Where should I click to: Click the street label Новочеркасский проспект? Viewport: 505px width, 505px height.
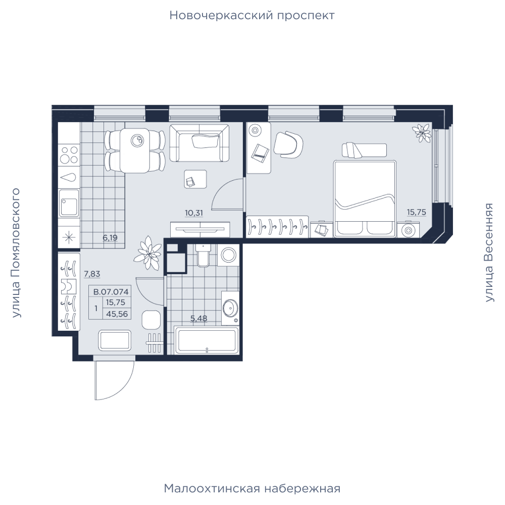pos(252,16)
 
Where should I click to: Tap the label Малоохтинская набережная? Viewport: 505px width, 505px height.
pos(252,488)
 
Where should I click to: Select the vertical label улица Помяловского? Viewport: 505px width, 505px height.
pos(16,253)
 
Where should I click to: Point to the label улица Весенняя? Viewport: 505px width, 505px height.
pos(489,252)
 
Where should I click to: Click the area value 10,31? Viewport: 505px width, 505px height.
pos(194,213)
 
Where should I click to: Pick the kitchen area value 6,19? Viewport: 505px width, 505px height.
pos(110,238)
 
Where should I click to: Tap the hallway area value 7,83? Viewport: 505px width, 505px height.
pos(92,274)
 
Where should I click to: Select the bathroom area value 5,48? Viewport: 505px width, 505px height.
pos(198,319)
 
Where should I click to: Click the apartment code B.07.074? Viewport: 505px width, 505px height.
pos(111,292)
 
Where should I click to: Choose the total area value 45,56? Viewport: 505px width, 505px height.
pos(117,314)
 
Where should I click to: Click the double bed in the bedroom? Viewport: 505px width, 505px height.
pos(365,198)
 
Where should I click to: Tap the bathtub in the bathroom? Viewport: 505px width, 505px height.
pos(207,340)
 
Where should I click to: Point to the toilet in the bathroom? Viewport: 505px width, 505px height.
pos(203,256)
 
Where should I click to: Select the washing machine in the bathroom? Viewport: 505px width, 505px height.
pos(228,255)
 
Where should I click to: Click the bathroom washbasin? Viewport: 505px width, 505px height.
pos(230,308)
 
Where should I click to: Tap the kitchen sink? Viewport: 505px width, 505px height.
pos(69,203)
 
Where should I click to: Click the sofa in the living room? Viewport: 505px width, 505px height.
pos(199,143)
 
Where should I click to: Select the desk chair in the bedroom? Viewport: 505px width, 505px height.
pos(288,143)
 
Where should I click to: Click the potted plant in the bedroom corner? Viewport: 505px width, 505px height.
pos(422,132)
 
